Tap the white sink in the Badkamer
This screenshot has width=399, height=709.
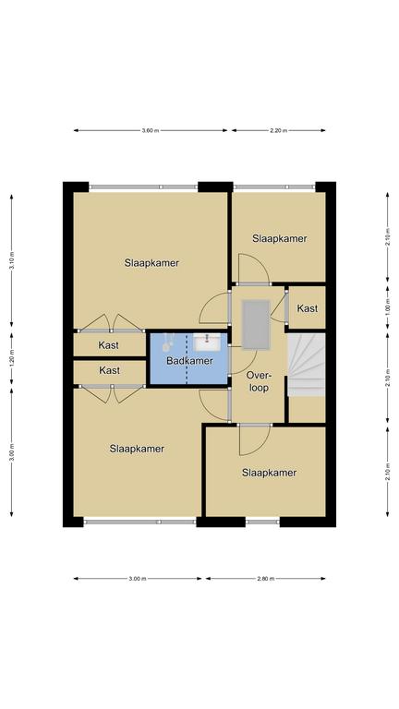207,342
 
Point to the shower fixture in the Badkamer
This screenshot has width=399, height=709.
168,342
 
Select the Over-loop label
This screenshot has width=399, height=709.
259,381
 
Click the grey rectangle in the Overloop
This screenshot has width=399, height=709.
256,325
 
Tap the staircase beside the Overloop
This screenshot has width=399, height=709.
307,365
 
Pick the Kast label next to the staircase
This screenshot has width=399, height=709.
308,309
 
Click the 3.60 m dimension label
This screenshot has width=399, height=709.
151,131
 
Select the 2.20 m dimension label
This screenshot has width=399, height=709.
278,131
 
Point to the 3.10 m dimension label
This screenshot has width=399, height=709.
12,260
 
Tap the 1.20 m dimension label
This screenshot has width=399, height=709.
12,358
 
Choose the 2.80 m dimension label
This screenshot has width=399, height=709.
265,578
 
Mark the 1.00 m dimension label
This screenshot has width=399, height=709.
388,309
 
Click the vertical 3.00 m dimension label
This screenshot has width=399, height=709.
12,452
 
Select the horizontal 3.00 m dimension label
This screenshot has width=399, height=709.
138,578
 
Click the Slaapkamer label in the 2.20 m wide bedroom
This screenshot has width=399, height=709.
280,238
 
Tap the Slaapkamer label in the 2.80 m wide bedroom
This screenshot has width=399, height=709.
269,473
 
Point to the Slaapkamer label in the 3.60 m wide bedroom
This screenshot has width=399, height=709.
151,263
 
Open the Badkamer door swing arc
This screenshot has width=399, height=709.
241,357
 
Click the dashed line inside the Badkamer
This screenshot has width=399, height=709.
187,359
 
